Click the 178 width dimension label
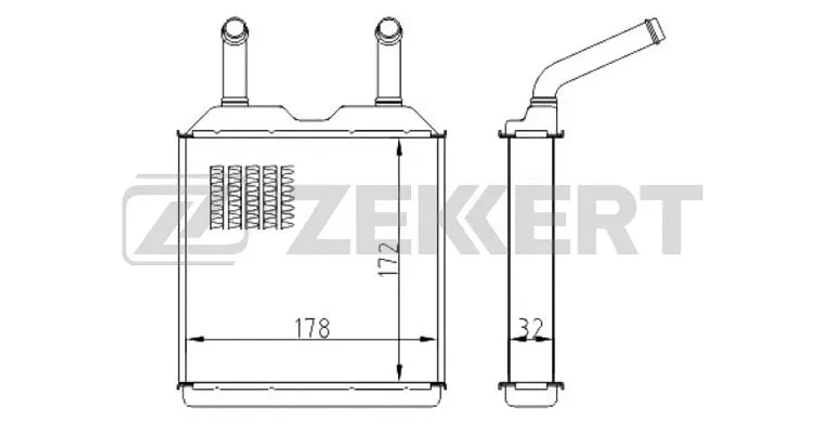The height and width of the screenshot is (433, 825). point(312,329)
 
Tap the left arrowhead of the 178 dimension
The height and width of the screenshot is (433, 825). point(195,339)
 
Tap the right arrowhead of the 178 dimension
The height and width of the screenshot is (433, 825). point(428,339)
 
